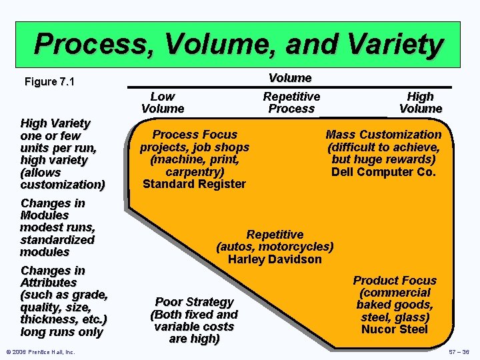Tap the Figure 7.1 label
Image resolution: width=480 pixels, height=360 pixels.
(49, 82)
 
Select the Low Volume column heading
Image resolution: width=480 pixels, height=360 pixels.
(163, 103)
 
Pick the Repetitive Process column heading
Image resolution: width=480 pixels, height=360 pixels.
(291, 103)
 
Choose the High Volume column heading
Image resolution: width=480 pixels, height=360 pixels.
(421, 103)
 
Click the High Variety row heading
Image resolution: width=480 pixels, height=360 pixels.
(55, 123)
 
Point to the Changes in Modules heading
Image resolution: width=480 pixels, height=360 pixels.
(53, 209)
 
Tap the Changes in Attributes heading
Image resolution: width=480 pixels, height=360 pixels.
(53, 277)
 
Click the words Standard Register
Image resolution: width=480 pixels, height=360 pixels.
(194, 184)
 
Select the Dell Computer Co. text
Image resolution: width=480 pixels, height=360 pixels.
(383, 172)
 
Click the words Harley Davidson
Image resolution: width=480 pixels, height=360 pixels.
(275, 259)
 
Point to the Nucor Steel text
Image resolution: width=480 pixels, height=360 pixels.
(395, 329)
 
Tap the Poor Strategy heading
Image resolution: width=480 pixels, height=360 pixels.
(194, 302)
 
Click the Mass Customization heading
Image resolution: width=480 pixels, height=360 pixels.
(383, 135)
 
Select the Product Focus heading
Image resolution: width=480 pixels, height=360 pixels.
(395, 281)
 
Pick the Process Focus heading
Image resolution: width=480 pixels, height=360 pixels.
(194, 135)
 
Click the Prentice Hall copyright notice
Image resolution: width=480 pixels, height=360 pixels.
(40, 352)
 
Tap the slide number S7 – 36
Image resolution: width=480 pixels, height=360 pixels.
(459, 352)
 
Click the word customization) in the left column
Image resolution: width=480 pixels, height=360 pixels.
(63, 184)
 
